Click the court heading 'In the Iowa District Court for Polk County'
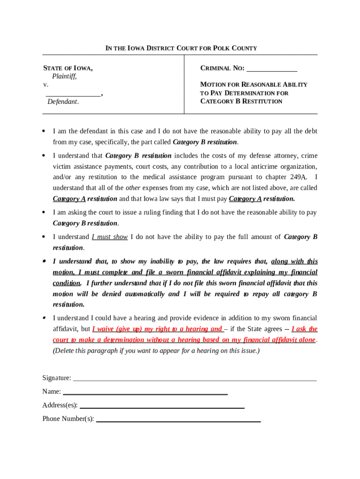click(181, 48)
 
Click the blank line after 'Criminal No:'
click(272, 69)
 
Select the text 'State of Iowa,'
click(68, 68)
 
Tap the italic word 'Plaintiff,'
click(64, 76)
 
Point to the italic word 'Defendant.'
click(63, 102)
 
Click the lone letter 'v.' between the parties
click(46, 85)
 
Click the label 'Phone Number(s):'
click(68, 419)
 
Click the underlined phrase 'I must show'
click(109, 237)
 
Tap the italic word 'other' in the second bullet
click(133, 188)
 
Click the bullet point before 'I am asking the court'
click(43, 212)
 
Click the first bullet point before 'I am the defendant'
click(43, 131)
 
